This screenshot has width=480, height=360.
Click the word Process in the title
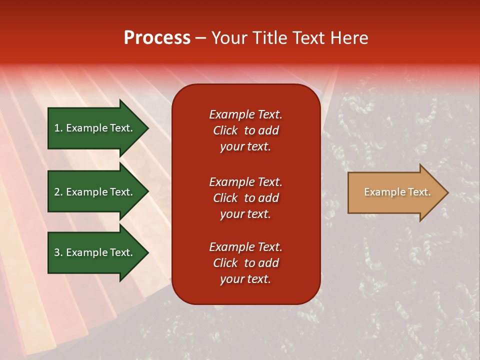pyautogui.click(x=157, y=38)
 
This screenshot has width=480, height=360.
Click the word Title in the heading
pyautogui.click(x=270, y=38)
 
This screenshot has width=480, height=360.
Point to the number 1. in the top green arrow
pyautogui.click(x=58, y=128)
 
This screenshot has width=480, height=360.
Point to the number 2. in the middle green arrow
pyautogui.click(x=58, y=192)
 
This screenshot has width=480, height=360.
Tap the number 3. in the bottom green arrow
pyautogui.click(x=58, y=252)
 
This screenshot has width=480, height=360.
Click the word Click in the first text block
pyautogui.click(x=225, y=130)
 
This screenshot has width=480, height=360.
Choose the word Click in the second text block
pyautogui.click(x=225, y=198)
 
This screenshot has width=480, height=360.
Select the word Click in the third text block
pyautogui.click(x=225, y=263)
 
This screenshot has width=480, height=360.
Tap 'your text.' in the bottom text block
pyautogui.click(x=245, y=279)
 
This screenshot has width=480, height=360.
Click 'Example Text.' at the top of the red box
pyautogui.click(x=245, y=114)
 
